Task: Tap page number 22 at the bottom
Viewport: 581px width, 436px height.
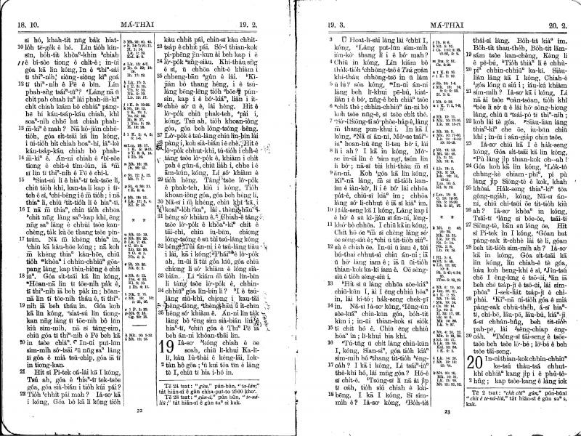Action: tap(139, 411)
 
